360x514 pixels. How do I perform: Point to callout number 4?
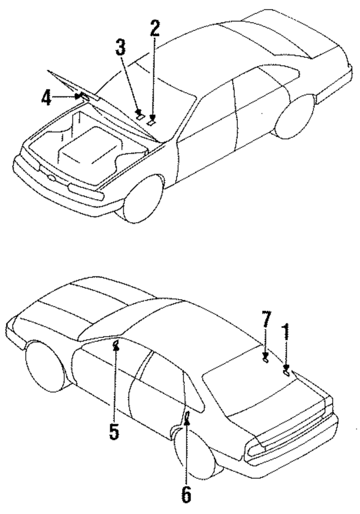47,98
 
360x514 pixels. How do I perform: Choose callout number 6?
186,494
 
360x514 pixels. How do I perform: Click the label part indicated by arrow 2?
151,120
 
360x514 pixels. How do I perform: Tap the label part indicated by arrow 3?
139,116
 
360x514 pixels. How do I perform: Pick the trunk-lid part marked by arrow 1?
286,371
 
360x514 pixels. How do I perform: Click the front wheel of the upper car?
143,197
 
